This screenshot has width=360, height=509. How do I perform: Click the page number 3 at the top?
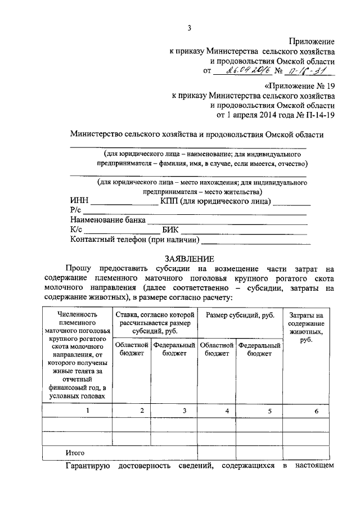click(190, 28)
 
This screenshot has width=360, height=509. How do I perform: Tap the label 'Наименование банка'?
click(107, 220)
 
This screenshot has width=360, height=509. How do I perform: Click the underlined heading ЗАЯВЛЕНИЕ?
click(190, 259)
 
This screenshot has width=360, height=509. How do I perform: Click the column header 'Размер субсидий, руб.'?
click(240, 316)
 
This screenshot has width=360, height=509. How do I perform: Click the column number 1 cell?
click(87, 411)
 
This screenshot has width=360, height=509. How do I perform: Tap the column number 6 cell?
click(316, 411)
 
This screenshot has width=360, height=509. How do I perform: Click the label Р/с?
click(76, 211)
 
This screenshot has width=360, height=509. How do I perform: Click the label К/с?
click(76, 230)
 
